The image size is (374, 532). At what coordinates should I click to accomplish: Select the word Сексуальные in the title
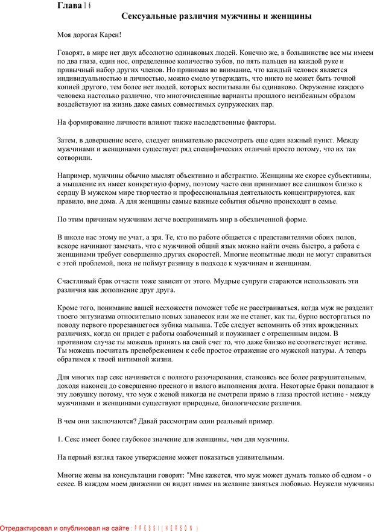147,17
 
